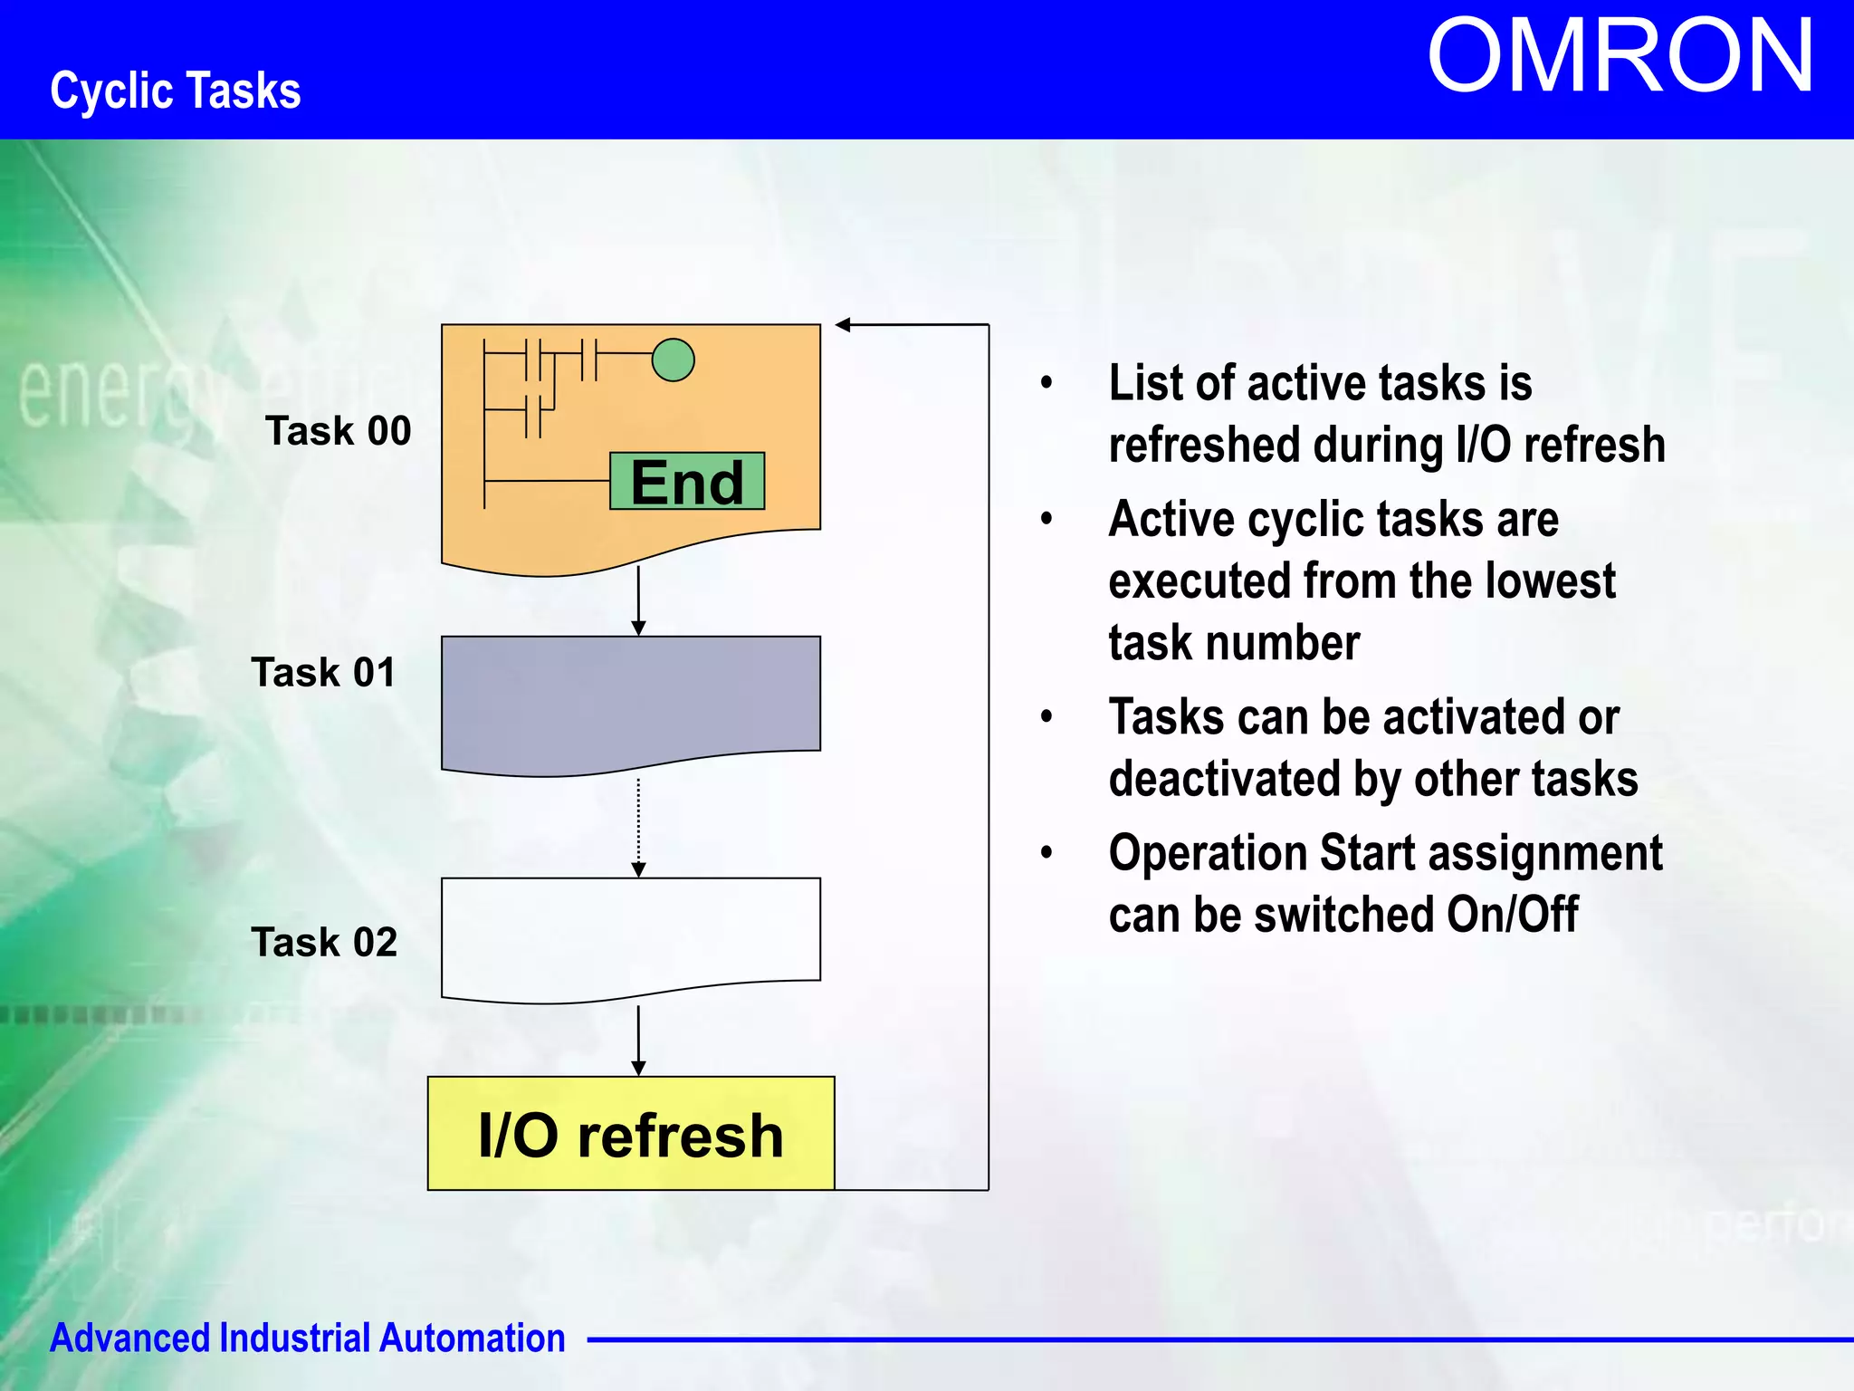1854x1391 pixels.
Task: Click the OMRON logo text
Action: coord(1620,57)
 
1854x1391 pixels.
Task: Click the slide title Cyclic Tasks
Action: coord(176,91)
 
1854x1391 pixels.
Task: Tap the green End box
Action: coord(687,481)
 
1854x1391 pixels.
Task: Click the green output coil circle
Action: coord(673,360)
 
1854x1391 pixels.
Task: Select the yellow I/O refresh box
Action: coord(631,1134)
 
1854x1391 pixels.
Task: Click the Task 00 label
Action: coord(338,430)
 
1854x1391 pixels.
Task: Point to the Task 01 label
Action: coord(324,672)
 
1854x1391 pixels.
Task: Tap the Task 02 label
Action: coord(324,942)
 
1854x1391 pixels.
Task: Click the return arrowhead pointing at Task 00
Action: coord(843,324)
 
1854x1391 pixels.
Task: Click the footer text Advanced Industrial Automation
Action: coord(307,1338)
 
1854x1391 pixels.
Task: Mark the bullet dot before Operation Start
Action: coord(1047,853)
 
